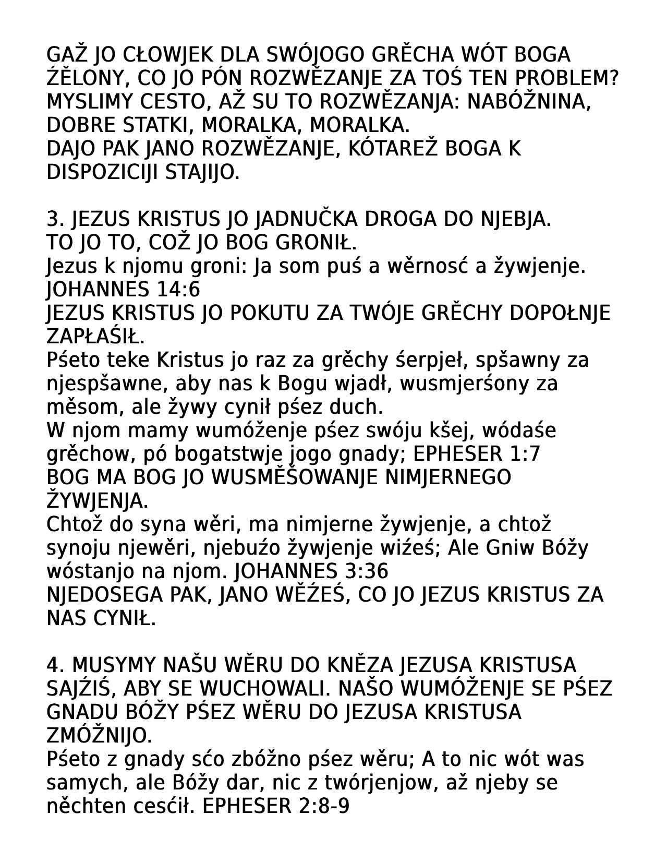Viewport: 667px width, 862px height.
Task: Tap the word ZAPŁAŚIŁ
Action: pyautogui.click(x=95, y=337)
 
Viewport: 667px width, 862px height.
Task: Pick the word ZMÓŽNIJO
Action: pyautogui.click(x=99, y=736)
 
